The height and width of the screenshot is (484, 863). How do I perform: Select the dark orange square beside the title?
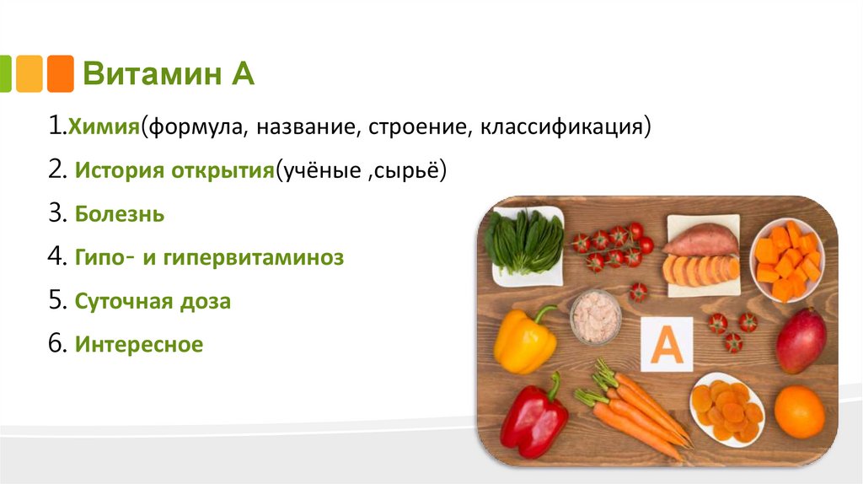(60, 73)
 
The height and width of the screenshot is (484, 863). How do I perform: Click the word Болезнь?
(119, 214)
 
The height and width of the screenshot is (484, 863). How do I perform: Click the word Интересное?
(139, 344)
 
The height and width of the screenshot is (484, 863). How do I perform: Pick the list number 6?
(56, 344)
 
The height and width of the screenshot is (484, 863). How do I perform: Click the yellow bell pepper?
(525, 338)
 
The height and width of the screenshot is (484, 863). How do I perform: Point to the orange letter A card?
(667, 345)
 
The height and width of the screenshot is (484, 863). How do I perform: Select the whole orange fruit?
(799, 411)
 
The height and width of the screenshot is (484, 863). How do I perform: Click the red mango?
(801, 340)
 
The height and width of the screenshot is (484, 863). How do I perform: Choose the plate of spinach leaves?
(526, 244)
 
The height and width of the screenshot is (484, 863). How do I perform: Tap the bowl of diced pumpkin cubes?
(786, 258)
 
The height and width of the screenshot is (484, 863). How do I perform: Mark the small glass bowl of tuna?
(595, 317)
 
